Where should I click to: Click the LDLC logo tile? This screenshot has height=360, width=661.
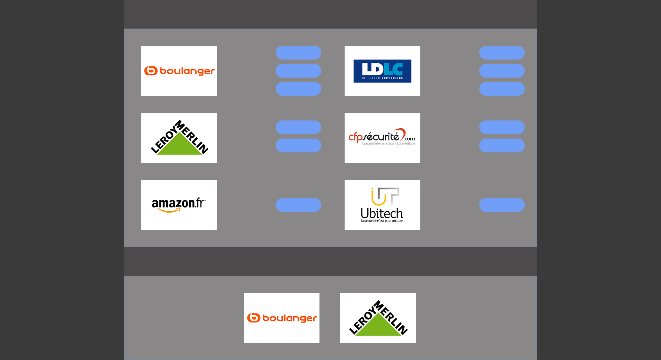tap(382, 71)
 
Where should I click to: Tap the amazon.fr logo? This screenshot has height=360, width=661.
tap(179, 205)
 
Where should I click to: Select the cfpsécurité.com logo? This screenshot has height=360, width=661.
tap(382, 138)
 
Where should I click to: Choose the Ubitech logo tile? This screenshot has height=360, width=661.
tap(382, 205)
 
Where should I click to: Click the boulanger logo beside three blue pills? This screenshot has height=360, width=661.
tap(179, 71)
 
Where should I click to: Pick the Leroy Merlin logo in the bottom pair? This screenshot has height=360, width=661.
tap(378, 318)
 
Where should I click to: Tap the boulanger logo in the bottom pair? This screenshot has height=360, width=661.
tap(281, 318)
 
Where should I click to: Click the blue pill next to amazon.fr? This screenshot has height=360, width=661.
tap(298, 205)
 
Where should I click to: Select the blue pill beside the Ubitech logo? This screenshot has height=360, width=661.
tap(502, 205)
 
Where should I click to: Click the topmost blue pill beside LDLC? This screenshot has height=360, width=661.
tap(502, 53)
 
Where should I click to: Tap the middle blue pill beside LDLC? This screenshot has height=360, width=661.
tap(502, 71)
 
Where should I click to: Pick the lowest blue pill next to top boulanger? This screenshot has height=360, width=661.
tap(298, 88)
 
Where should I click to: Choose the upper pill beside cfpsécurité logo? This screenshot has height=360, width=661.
tap(502, 127)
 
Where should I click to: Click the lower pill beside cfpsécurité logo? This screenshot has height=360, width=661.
tap(502, 145)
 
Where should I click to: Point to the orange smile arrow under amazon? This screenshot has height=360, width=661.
tap(169, 210)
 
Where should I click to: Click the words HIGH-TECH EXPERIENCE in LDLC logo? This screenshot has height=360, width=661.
tap(382, 78)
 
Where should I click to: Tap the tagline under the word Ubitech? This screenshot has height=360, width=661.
tap(382, 221)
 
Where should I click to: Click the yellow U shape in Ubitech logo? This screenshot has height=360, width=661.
tap(378, 198)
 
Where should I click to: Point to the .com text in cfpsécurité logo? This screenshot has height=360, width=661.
tap(409, 139)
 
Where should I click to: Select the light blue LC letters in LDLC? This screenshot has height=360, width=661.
tap(393, 69)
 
